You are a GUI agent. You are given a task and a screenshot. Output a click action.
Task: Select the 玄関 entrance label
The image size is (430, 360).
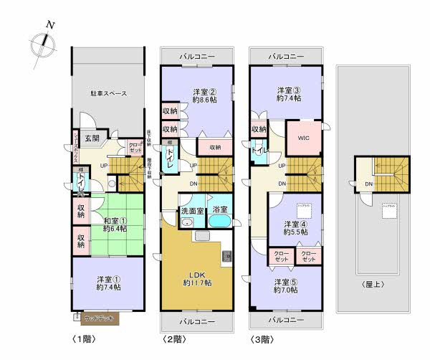[92, 138]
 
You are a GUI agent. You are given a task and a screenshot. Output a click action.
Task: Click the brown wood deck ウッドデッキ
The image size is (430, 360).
[96, 316]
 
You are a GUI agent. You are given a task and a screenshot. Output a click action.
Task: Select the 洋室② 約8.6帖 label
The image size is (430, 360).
[205, 96]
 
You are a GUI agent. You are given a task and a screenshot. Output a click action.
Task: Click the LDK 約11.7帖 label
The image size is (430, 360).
[196, 278]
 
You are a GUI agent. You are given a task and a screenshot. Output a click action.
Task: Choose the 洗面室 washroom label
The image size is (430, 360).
[191, 211]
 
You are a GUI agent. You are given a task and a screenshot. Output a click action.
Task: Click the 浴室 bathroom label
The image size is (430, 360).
[220, 211]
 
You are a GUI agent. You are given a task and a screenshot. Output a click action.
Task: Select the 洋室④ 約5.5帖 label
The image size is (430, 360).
[295, 227]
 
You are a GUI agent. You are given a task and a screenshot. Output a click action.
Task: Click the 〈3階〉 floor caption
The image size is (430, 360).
[262, 337]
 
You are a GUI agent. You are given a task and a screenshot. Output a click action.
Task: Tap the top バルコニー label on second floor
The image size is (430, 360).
[197, 55]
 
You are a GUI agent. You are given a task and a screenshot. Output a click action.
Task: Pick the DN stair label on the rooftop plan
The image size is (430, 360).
[368, 184]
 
